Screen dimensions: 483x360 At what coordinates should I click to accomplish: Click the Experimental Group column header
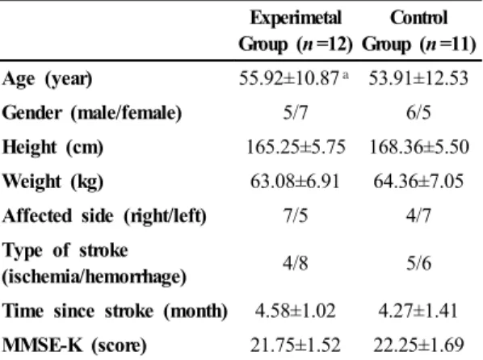click(296, 31)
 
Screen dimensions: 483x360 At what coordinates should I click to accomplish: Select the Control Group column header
click(419, 31)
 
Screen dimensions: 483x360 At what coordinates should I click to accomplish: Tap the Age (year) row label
click(48, 79)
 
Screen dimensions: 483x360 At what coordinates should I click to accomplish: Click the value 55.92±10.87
click(289, 78)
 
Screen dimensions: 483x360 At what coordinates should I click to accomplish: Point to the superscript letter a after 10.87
click(346, 75)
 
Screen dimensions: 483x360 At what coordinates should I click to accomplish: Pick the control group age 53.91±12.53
click(418, 78)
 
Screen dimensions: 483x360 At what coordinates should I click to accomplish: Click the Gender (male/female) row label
click(92, 113)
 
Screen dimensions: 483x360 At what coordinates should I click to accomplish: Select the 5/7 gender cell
click(296, 113)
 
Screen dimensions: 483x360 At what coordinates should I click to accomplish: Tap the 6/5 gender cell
click(418, 113)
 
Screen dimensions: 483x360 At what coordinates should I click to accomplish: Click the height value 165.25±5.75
click(296, 147)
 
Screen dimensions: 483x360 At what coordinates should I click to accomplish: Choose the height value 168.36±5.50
click(419, 147)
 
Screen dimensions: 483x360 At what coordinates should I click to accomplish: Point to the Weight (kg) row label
click(53, 182)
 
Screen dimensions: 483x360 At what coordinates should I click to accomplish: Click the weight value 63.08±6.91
click(295, 181)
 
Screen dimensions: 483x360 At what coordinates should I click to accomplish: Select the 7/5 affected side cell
click(296, 216)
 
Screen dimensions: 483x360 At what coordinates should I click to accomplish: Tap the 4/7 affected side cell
click(418, 216)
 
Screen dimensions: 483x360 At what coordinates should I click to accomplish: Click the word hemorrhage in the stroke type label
click(136, 277)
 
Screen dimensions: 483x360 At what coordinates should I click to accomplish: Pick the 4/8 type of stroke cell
click(296, 264)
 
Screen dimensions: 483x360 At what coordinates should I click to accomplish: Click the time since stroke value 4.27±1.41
click(418, 311)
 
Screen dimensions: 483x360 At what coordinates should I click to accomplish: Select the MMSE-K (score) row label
click(74, 345)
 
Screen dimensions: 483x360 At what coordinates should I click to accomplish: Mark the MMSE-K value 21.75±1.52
click(296, 345)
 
